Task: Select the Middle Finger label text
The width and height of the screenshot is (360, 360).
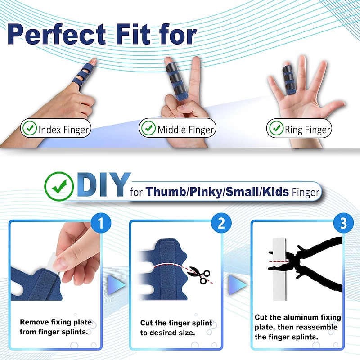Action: (x=185, y=130)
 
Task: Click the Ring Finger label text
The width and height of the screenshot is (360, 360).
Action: (x=308, y=130)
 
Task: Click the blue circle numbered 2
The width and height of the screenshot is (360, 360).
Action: (x=221, y=223)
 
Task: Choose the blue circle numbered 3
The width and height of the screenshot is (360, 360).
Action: (x=343, y=223)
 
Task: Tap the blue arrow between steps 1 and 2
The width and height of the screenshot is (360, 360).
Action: (x=114, y=283)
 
